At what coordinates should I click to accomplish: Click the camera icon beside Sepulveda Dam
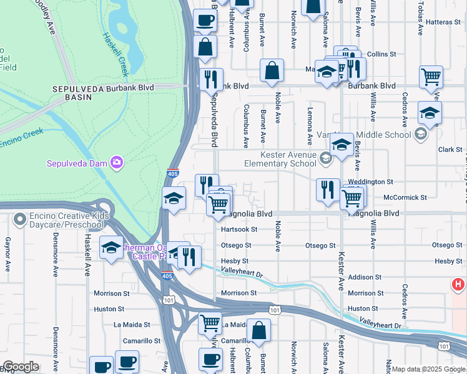click(x=117, y=163)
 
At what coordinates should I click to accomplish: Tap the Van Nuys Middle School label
click(x=375, y=135)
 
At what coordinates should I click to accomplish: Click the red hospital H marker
click(x=458, y=285)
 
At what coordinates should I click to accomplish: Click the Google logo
click(x=21, y=367)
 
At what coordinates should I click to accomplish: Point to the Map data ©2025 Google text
click(x=428, y=369)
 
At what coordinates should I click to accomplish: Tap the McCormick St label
click(x=405, y=197)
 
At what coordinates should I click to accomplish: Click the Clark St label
click(x=450, y=150)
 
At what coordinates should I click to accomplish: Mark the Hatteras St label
click(x=445, y=22)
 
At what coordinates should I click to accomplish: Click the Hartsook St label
click(x=239, y=229)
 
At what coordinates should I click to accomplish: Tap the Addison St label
click(x=365, y=277)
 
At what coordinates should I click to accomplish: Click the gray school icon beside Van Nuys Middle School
click(x=421, y=134)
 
